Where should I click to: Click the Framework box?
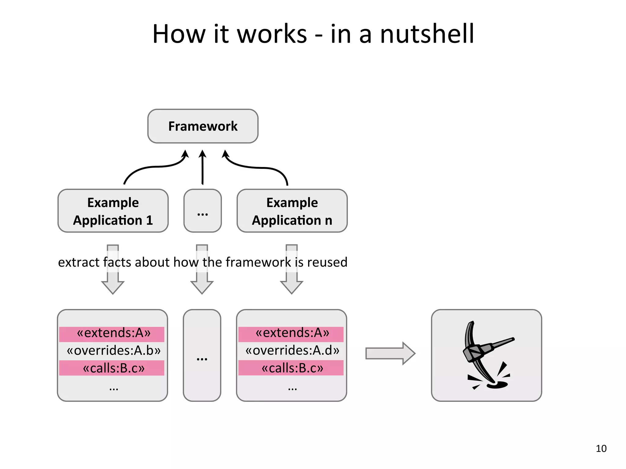coord(203,126)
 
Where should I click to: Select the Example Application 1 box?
coord(113,211)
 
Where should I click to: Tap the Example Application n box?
coord(292,211)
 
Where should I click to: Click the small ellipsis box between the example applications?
coord(202,211)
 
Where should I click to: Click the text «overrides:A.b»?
coord(113,351)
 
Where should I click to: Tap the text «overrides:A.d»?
coord(292,351)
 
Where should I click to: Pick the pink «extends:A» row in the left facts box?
coord(112,334)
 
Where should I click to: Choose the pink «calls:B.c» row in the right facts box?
coord(291,368)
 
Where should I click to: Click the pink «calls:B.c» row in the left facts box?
coord(112,368)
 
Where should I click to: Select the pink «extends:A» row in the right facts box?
coord(291,334)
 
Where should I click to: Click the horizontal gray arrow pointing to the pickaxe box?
coord(390,353)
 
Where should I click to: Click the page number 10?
coord(601,449)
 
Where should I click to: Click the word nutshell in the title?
coord(427,34)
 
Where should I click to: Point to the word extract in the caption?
coord(79,262)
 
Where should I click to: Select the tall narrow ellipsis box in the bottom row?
coord(202,355)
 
